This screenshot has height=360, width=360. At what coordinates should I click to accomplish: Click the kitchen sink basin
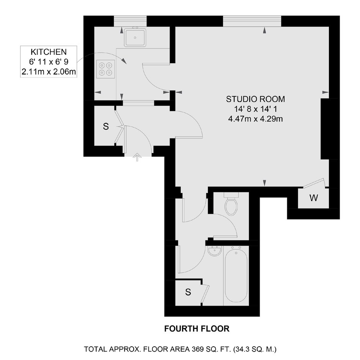(135, 37)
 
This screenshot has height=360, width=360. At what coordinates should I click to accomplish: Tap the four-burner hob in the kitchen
(106, 69)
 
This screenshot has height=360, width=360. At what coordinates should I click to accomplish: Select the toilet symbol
(231, 204)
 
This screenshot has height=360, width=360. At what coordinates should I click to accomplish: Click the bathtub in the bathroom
(236, 275)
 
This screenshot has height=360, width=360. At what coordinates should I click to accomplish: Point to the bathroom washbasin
(214, 251)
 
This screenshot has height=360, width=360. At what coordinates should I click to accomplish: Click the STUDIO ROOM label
(255, 99)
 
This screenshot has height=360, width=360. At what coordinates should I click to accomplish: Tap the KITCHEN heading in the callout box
(49, 52)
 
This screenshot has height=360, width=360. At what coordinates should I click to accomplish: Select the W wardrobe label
(314, 198)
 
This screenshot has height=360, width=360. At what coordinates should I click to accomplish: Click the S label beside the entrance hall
(106, 126)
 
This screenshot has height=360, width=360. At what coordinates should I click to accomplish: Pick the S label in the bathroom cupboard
(188, 292)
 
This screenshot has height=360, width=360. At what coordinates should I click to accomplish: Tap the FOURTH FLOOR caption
(197, 329)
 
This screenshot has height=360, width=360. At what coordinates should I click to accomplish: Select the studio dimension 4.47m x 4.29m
(255, 119)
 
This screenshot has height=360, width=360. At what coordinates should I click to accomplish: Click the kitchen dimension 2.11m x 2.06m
(49, 72)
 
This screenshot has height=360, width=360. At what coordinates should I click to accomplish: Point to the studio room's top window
(252, 21)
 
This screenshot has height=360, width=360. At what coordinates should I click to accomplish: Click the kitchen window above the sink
(130, 21)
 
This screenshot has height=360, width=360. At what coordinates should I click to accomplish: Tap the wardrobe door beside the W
(314, 183)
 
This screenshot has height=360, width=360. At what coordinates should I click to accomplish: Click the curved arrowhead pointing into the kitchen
(124, 61)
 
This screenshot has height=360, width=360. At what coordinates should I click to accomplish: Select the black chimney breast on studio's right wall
(330, 129)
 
